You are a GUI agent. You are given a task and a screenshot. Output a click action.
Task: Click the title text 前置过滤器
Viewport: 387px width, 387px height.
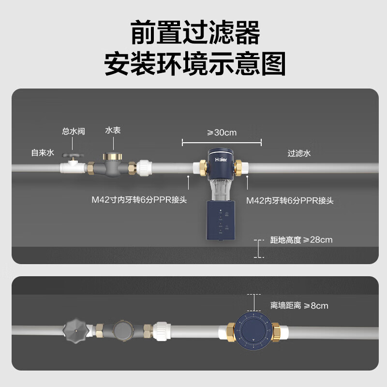coord(195,33)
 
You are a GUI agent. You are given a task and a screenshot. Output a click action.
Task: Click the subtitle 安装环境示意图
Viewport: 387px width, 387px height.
coord(195,64)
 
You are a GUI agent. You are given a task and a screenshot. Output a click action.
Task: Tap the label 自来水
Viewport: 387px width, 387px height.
coord(42,153)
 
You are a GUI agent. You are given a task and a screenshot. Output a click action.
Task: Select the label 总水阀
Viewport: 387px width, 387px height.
coord(74,132)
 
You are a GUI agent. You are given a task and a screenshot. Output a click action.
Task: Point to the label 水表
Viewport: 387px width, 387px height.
coord(113,131)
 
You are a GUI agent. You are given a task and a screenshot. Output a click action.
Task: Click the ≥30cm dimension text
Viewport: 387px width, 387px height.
coord(222,132)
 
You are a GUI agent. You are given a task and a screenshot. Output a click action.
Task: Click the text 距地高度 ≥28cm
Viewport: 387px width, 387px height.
coord(301,240)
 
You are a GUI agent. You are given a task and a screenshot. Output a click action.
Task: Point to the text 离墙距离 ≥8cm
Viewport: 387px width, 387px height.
coord(299,305)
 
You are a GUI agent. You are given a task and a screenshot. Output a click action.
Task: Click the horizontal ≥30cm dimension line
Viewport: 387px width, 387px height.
coord(222,142)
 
